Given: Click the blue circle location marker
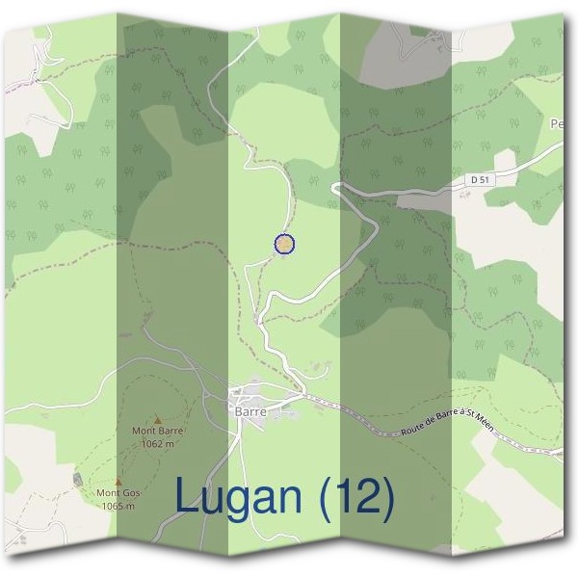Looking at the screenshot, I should pos(284,245).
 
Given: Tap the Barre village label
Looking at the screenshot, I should pos(250,411).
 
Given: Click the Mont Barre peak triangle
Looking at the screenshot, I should pos(158,420).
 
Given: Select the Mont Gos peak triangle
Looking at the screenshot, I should pos(118,482).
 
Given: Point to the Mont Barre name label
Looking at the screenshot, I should pos(157,433).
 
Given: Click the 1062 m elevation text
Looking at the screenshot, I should pos(157,444).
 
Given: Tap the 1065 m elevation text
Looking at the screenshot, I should pos(118,505).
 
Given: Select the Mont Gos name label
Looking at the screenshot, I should pos(118,493).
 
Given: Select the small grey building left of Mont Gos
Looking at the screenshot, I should pos(77,479).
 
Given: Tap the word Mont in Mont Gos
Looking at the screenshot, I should pos(107,493).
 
